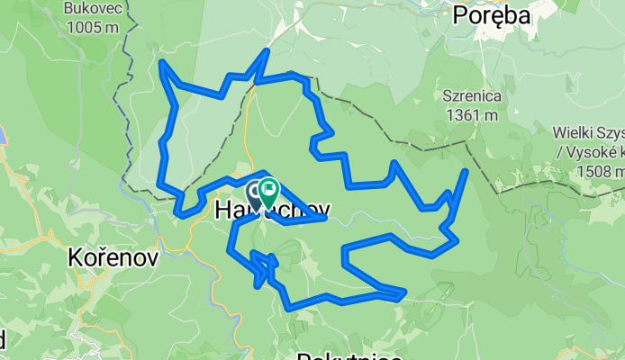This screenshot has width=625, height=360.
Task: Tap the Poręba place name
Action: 492,14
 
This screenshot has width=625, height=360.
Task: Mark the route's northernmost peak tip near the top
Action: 266,51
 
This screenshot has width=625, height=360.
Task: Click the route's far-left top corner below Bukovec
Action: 161,62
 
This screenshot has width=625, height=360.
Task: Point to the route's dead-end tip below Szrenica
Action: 466,170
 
